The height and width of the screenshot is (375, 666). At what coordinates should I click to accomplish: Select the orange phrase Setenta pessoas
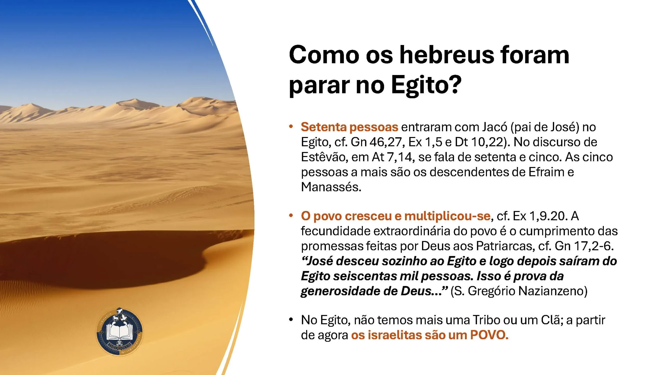coord(349,127)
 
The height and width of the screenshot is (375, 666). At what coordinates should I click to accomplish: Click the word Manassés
coord(331,187)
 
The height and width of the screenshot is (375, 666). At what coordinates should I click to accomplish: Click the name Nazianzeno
coord(553,291)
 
